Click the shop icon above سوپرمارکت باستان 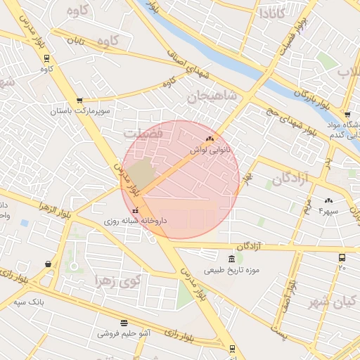pos(79,101)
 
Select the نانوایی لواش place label pos(210,150)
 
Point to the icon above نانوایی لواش pos(210,139)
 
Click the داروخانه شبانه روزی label pos(135,221)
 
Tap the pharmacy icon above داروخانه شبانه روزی pos(135,210)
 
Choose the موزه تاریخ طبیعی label pos(232,270)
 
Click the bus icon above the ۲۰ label pos(342,258)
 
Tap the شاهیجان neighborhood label pos(209,96)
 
